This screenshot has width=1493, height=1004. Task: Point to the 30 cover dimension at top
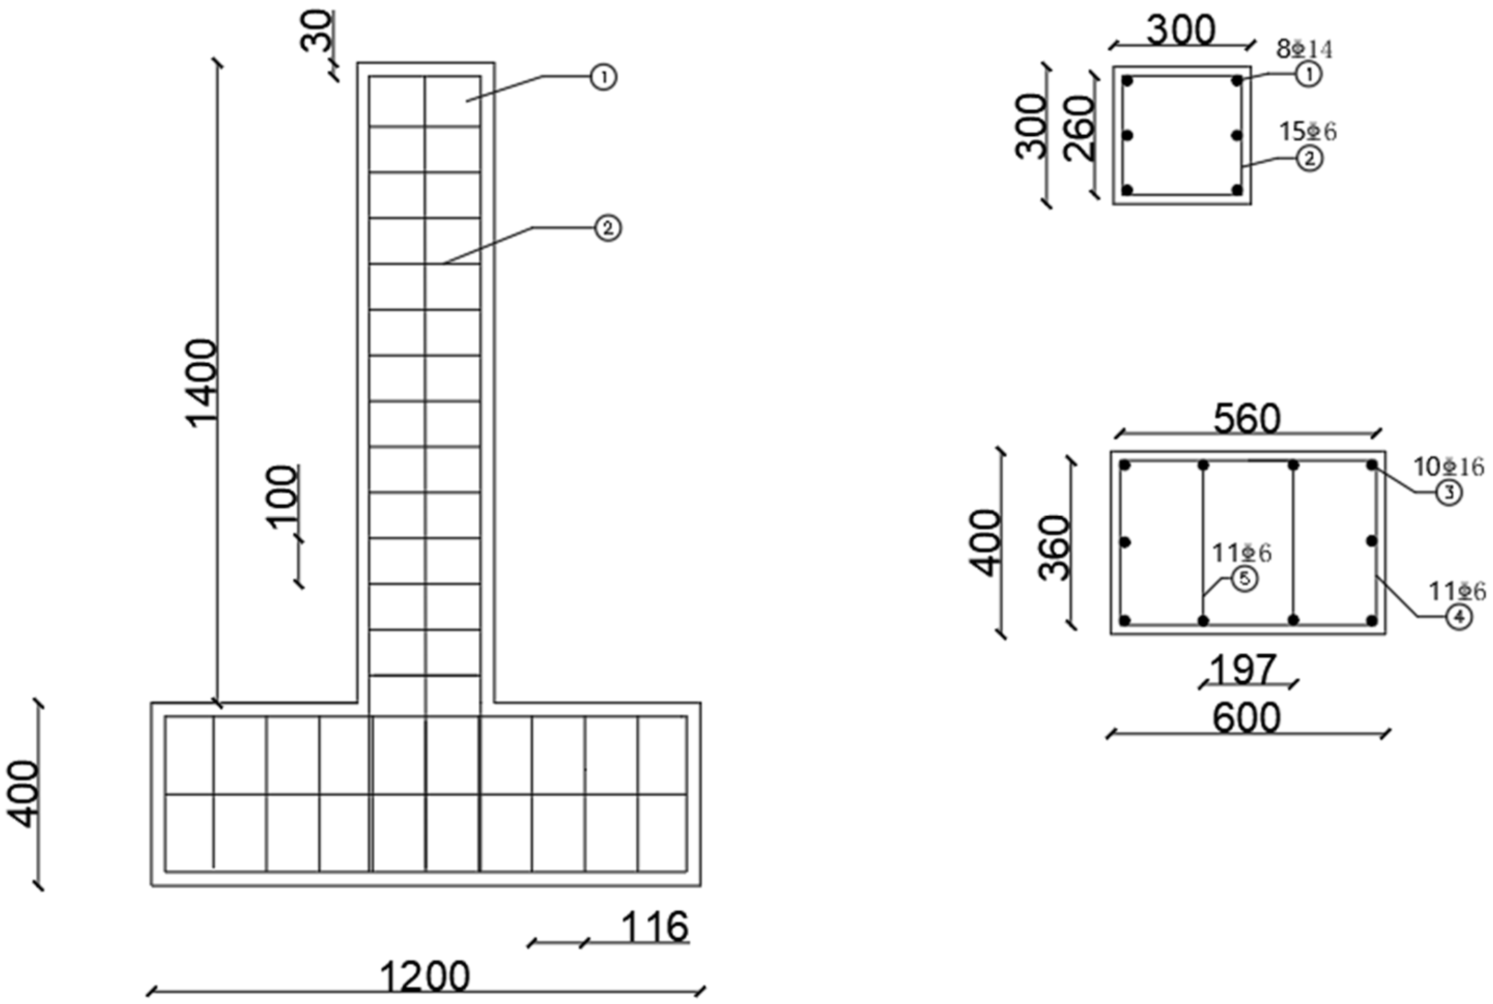pyautogui.click(x=318, y=31)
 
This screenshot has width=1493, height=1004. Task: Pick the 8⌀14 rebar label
pyautogui.click(x=1304, y=49)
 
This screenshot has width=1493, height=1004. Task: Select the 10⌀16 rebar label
pyautogui.click(x=1448, y=467)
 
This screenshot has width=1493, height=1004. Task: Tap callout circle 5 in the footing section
pyautogui.click(x=1244, y=579)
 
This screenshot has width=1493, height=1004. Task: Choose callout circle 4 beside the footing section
pyautogui.click(x=1459, y=617)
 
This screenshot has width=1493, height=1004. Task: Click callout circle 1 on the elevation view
pyautogui.click(x=603, y=78)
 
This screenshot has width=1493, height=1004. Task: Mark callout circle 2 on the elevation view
pyautogui.click(x=607, y=228)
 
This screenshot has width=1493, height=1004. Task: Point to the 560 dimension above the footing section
pyautogui.click(x=1246, y=419)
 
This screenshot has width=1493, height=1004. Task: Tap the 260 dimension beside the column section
pyautogui.click(x=1080, y=127)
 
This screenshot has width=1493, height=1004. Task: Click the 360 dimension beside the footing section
pyautogui.click(x=1054, y=548)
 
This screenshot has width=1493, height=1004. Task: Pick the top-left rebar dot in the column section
pyautogui.click(x=1128, y=81)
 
